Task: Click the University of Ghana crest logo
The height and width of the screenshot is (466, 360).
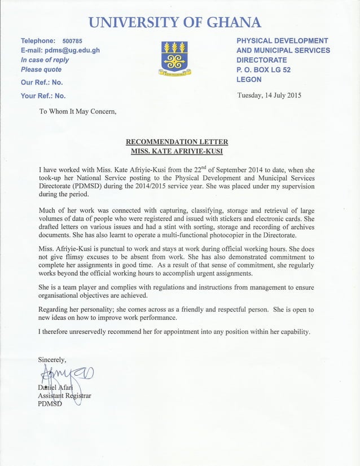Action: pos(175,58)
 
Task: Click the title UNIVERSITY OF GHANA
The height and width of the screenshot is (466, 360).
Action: pos(175,23)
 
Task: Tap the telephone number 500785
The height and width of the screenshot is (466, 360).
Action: pos(72,41)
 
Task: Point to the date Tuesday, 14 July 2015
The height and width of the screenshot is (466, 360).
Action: pos(269,95)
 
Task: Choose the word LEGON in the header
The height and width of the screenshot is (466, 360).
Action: pos(249,80)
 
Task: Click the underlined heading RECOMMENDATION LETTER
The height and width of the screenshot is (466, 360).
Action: pos(177,142)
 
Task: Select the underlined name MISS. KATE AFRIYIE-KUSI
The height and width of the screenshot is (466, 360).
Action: pos(177,151)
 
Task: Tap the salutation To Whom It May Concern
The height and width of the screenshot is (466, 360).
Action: pos(77,111)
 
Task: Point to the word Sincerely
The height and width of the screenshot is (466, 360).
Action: pos(52,359)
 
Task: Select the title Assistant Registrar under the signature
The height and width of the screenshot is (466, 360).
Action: pos(64,395)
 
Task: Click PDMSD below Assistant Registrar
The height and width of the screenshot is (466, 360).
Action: pos(50,404)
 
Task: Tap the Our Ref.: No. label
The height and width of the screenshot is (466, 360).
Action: pos(42,82)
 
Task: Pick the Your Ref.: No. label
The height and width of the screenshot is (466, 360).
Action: pos(43,95)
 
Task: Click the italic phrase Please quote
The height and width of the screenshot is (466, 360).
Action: pos(41,69)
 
